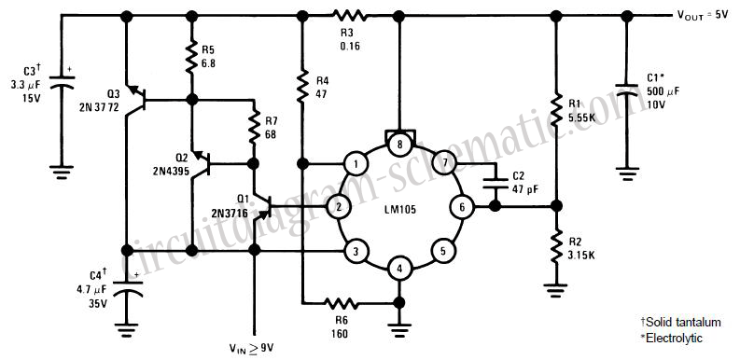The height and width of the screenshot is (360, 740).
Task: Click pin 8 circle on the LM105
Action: [399, 145]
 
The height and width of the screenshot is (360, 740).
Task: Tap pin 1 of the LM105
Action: [356, 164]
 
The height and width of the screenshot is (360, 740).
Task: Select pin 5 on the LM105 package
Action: [442, 250]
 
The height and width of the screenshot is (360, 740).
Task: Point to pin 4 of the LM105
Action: [399, 270]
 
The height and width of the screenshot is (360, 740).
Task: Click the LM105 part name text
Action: [399, 209]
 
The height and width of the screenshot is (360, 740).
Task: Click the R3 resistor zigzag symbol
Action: [350, 16]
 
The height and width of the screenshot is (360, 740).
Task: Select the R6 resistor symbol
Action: [342, 303]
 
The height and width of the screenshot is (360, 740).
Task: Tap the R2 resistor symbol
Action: [556, 246]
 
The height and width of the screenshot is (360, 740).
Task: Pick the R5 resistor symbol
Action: [191, 57]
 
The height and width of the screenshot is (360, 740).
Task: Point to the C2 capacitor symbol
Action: [495, 182]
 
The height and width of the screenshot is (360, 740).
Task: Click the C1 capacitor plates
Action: [626, 89]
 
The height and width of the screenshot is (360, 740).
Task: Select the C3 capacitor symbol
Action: [62, 80]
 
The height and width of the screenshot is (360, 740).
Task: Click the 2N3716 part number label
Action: [229, 213]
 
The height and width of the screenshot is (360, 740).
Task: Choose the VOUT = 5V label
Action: [704, 15]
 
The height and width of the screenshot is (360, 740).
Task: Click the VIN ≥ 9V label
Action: [252, 349]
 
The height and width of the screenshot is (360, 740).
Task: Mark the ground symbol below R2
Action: [556, 290]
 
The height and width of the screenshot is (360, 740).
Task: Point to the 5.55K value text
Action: [582, 117]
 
